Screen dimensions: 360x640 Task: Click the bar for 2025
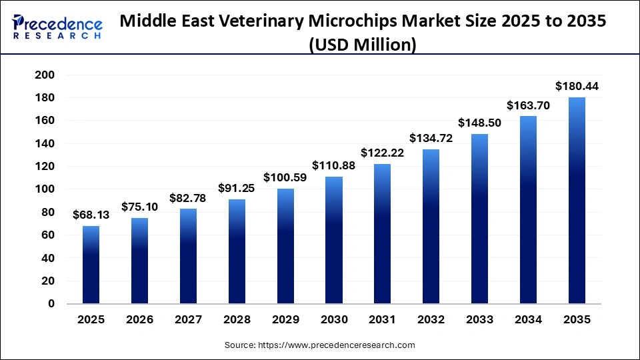(91, 265)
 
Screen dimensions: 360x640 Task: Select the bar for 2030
(334, 240)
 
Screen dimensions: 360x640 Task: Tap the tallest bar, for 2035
(577, 200)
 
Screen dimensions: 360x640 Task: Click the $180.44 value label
(577, 86)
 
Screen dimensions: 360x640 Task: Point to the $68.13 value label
(91, 215)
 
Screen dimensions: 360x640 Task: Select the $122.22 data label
(383, 152)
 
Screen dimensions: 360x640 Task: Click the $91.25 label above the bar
(237, 188)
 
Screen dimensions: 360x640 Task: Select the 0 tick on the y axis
(51, 304)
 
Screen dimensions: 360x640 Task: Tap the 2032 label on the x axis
(431, 320)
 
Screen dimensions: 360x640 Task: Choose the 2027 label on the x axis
(189, 320)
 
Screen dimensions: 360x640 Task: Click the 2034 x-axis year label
(528, 320)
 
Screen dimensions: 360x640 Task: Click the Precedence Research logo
(57, 27)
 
